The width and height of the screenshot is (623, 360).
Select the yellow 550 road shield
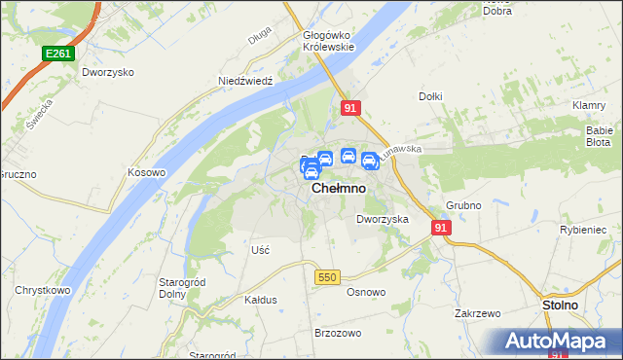(327, 277)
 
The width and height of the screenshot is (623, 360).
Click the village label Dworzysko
(107, 72)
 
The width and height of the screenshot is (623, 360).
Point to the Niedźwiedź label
(243, 81)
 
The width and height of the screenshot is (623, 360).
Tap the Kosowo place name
(148, 171)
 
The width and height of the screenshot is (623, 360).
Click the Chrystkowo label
(40, 290)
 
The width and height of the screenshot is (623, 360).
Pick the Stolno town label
(560, 305)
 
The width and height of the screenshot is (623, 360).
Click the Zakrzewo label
(477, 313)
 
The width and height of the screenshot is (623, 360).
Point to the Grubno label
(464, 205)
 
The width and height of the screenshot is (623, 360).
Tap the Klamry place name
(591, 104)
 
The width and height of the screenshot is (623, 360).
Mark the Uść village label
(260, 250)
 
